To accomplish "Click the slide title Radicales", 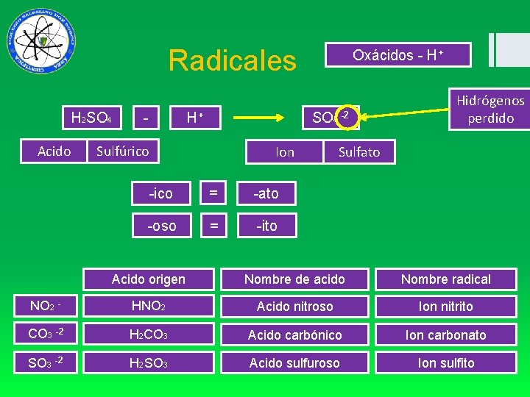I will point(232,60).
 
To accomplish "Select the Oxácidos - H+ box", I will point(398,55).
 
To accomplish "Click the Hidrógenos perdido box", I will point(490,109).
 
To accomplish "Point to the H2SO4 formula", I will point(91,117).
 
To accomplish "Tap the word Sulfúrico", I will point(122,151).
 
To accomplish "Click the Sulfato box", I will point(358,152).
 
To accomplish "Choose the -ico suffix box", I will point(160,193).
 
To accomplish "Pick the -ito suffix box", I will point(266,226).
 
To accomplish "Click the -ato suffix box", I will point(266,193).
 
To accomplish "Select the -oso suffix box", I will point(162,226).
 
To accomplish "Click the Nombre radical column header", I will point(445,279).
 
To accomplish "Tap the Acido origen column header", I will point(149,279).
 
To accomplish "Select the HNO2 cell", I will point(149,307).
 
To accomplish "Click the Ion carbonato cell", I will point(445,335).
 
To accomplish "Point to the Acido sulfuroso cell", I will point(294,363).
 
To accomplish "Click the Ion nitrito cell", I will point(445,307).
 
